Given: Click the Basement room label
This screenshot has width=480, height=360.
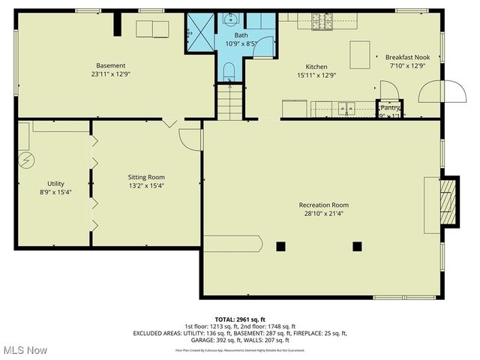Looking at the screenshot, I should tap(111, 65).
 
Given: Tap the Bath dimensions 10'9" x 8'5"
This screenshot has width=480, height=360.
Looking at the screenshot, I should tap(241, 44).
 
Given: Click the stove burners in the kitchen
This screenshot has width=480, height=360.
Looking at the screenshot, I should tap(322, 22).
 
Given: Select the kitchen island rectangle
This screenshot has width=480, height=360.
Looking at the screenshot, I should tap(361, 54).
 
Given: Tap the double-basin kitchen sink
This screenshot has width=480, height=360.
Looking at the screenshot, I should tap(347, 108).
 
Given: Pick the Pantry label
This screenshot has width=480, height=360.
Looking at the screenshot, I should tap(390, 107).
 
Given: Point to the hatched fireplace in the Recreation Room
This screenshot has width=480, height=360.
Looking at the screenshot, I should tap(448, 196).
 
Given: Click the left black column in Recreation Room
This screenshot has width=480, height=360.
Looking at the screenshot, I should tap(281, 246).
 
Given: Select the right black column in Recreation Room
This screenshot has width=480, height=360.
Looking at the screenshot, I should tap(357, 246).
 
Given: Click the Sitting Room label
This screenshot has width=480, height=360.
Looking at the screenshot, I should tap(146, 178).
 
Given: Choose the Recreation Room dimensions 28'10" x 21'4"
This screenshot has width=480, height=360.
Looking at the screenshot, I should tap(323, 214).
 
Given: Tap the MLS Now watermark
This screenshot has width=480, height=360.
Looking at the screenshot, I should tap(25, 350).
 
